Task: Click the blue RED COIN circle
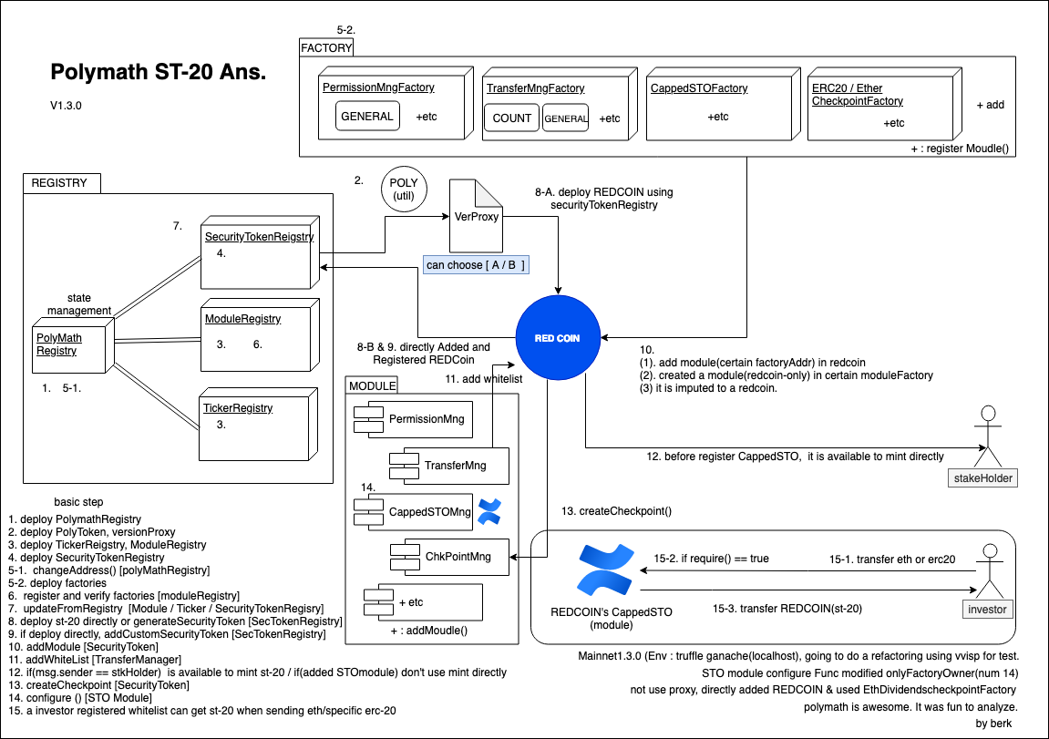[x=558, y=338]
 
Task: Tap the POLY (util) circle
[x=404, y=190]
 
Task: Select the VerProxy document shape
[x=476, y=215]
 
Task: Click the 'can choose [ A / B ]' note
[x=476, y=265]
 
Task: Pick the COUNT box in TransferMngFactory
[x=512, y=118]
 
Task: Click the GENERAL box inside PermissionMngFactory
[x=367, y=116]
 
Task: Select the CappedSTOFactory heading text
[x=699, y=88]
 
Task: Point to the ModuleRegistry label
[x=242, y=319]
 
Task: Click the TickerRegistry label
[x=238, y=408]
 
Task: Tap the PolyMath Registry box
[x=69, y=349]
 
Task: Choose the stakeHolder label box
[x=982, y=478]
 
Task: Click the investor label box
[x=987, y=610]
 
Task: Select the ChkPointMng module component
[x=449, y=557]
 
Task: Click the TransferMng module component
[x=449, y=466]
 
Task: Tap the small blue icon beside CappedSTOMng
[x=489, y=511]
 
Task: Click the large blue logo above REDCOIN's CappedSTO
[x=606, y=570]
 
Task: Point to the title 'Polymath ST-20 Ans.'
[x=159, y=72]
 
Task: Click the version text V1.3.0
[x=66, y=106]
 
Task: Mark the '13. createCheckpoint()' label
[x=616, y=511]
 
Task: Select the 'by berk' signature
[x=993, y=723]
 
